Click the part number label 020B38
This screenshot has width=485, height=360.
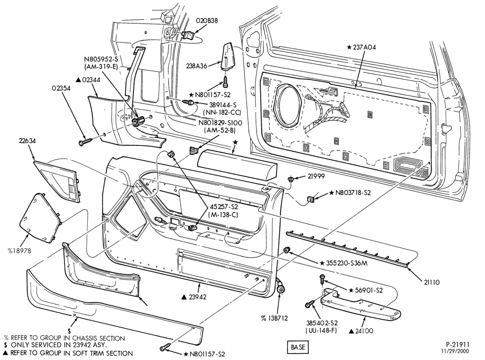point(206,20)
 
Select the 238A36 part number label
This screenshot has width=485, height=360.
point(196,66)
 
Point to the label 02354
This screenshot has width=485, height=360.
point(61,88)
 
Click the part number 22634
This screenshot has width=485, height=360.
point(27,141)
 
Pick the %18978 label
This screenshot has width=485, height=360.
point(19,251)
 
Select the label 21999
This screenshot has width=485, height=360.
point(316,176)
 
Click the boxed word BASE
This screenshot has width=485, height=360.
point(298,347)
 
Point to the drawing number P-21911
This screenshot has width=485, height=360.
point(457,344)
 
